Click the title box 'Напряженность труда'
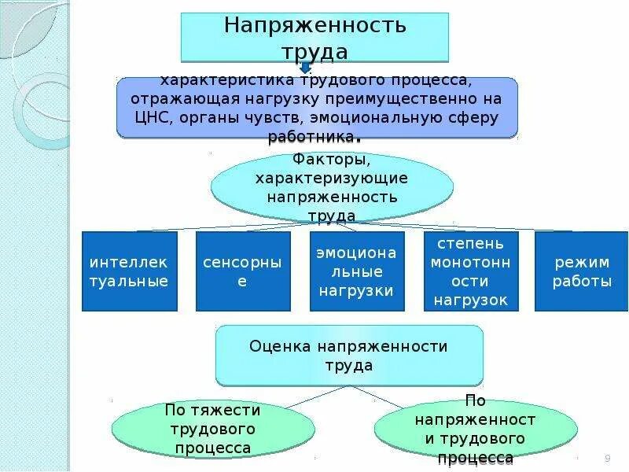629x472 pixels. coord(314,37)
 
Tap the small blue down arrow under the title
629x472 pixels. coord(306,68)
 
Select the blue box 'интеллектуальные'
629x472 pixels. coord(129,271)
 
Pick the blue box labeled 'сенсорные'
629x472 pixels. coord(241,271)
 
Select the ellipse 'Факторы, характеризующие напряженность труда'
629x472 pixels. coord(332,187)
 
